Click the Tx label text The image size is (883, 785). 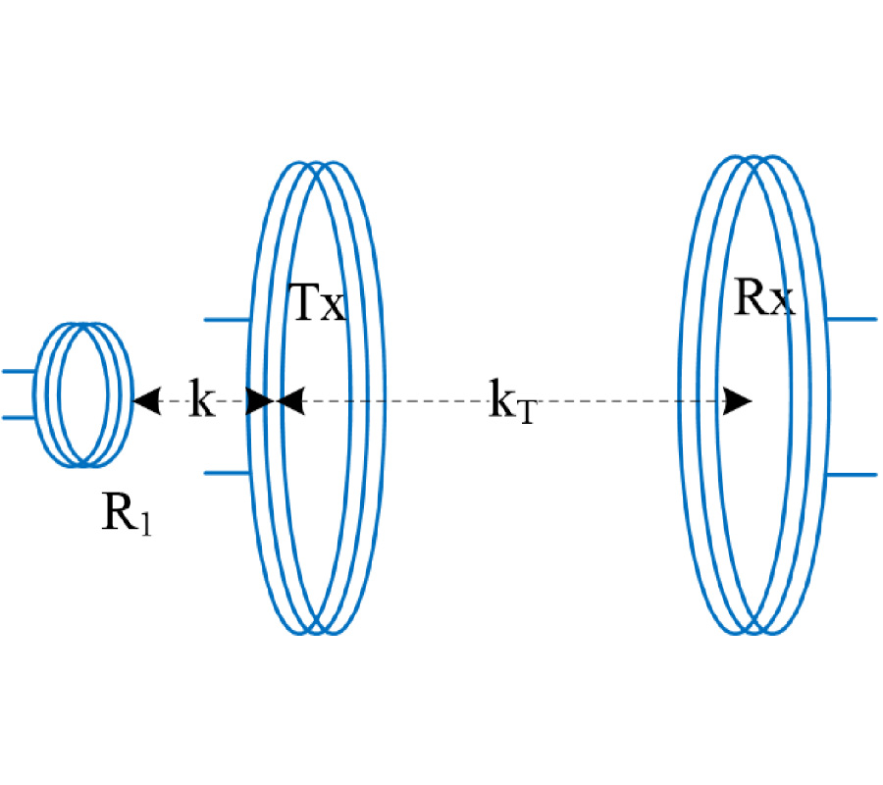click(320, 305)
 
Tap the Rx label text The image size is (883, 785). click(764, 298)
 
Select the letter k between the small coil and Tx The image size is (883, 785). click(201, 401)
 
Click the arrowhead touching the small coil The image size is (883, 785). click(147, 401)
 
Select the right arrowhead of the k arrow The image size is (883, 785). click(258, 401)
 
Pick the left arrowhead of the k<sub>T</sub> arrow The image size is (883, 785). click(293, 401)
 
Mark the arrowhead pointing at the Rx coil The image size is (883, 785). click(738, 401)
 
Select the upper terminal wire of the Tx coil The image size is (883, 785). click(228, 320)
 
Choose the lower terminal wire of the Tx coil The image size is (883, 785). click(228, 473)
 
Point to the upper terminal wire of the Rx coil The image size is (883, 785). click(852, 320)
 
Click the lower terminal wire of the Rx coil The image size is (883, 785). click(852, 474)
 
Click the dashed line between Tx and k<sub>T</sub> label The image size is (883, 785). click(392, 401)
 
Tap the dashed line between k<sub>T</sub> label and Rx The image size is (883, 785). click(628, 401)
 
